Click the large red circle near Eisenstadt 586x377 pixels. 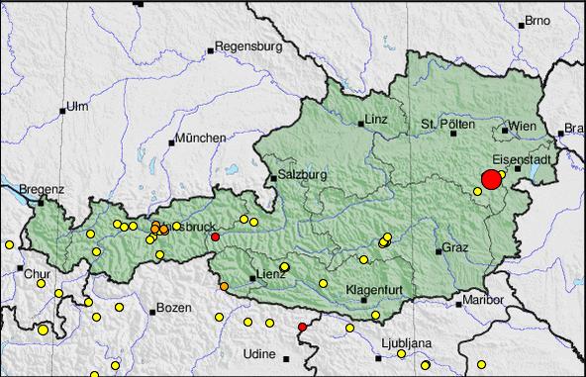pyautogui.click(x=491, y=179)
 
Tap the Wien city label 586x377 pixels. pyautogui.click(x=522, y=128)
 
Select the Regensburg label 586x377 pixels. pyautogui.click(x=249, y=46)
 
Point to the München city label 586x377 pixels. pyautogui.click(x=200, y=138)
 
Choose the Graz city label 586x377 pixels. pyautogui.click(x=455, y=246)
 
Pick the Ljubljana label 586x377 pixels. pyautogui.click(x=406, y=342)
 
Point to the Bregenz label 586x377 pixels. pyautogui.click(x=42, y=187)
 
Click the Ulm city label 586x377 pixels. pyautogui.click(x=77, y=106)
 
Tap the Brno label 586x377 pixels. pyautogui.click(x=537, y=20)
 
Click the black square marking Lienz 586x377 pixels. pyautogui.click(x=251, y=279)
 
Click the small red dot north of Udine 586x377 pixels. pyautogui.click(x=302, y=327)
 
